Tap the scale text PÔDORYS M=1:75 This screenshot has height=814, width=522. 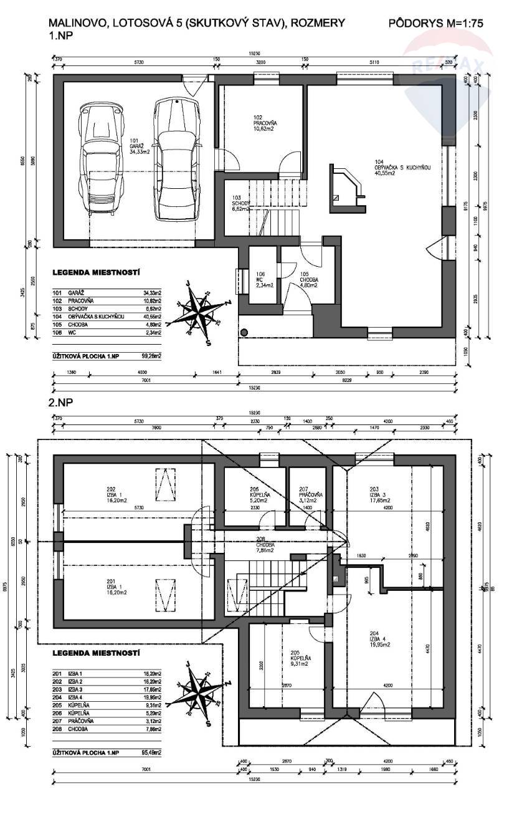435,24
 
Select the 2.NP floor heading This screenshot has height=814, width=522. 60,403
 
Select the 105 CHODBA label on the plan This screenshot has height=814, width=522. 308,277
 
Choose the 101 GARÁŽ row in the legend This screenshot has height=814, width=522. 106,292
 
